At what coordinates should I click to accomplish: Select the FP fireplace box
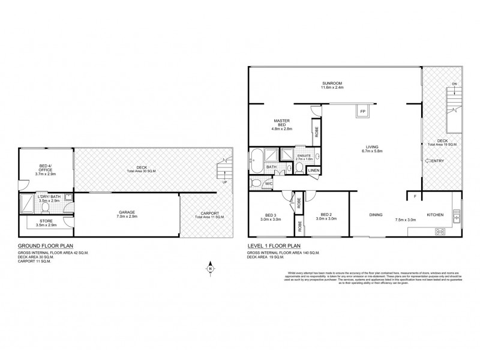pyautogui.click(x=363, y=112)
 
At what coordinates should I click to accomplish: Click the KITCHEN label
pyautogui.click(x=436, y=214)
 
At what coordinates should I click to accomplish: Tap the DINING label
pyautogui.click(x=376, y=214)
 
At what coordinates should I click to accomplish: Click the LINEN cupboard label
pyautogui.click(x=314, y=171)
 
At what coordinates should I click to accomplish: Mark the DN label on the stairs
pyautogui.click(x=454, y=83)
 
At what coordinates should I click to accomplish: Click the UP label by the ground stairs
pyautogui.click(x=224, y=182)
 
